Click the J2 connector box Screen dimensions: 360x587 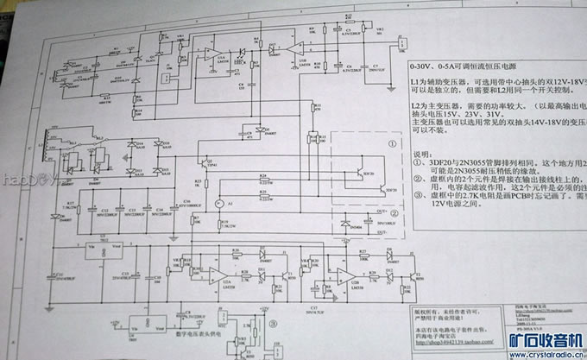pyautogui.click(x=402, y=45)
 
